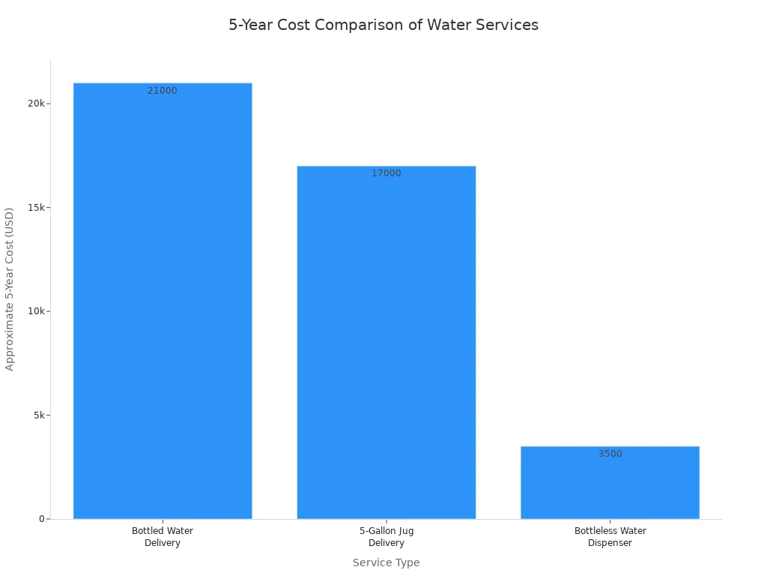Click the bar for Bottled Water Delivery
pos(163,300)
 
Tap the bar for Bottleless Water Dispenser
pos(610,483)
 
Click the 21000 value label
pos(163,91)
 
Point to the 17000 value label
pos(386,173)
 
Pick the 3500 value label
pos(610,454)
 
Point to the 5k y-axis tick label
pos(39,415)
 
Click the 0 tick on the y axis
pos(42,519)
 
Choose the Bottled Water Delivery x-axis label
pos(163,537)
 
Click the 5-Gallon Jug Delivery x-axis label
pos(386,537)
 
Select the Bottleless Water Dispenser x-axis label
pos(610,537)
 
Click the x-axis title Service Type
pos(386,562)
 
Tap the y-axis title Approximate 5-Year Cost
pos(10,289)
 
